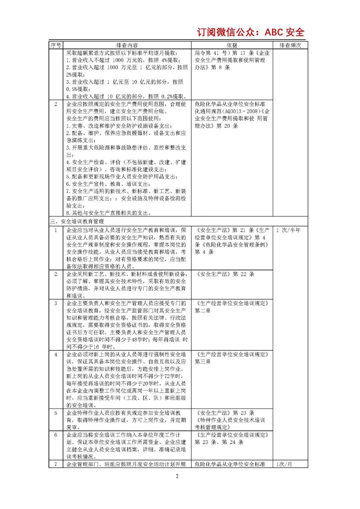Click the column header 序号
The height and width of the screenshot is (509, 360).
[x=56, y=45]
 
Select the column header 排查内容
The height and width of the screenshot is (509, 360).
[x=127, y=45]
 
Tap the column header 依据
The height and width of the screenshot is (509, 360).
[x=232, y=45]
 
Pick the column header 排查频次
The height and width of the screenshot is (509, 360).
[x=290, y=45]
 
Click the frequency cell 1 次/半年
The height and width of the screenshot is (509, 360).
[x=288, y=230]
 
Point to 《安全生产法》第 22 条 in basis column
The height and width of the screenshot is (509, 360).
[x=226, y=274]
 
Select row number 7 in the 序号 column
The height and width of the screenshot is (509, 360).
[x=56, y=464]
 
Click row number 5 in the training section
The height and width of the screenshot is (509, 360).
[x=56, y=413]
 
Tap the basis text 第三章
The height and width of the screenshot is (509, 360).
[x=203, y=362]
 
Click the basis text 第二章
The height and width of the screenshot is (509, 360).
[x=203, y=311]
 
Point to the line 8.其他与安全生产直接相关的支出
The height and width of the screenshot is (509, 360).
[x=108, y=213]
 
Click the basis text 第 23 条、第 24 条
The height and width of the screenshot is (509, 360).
[x=219, y=442]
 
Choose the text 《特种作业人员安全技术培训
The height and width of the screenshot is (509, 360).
[x=230, y=420]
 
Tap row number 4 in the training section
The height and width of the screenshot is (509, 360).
[x=56, y=354]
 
